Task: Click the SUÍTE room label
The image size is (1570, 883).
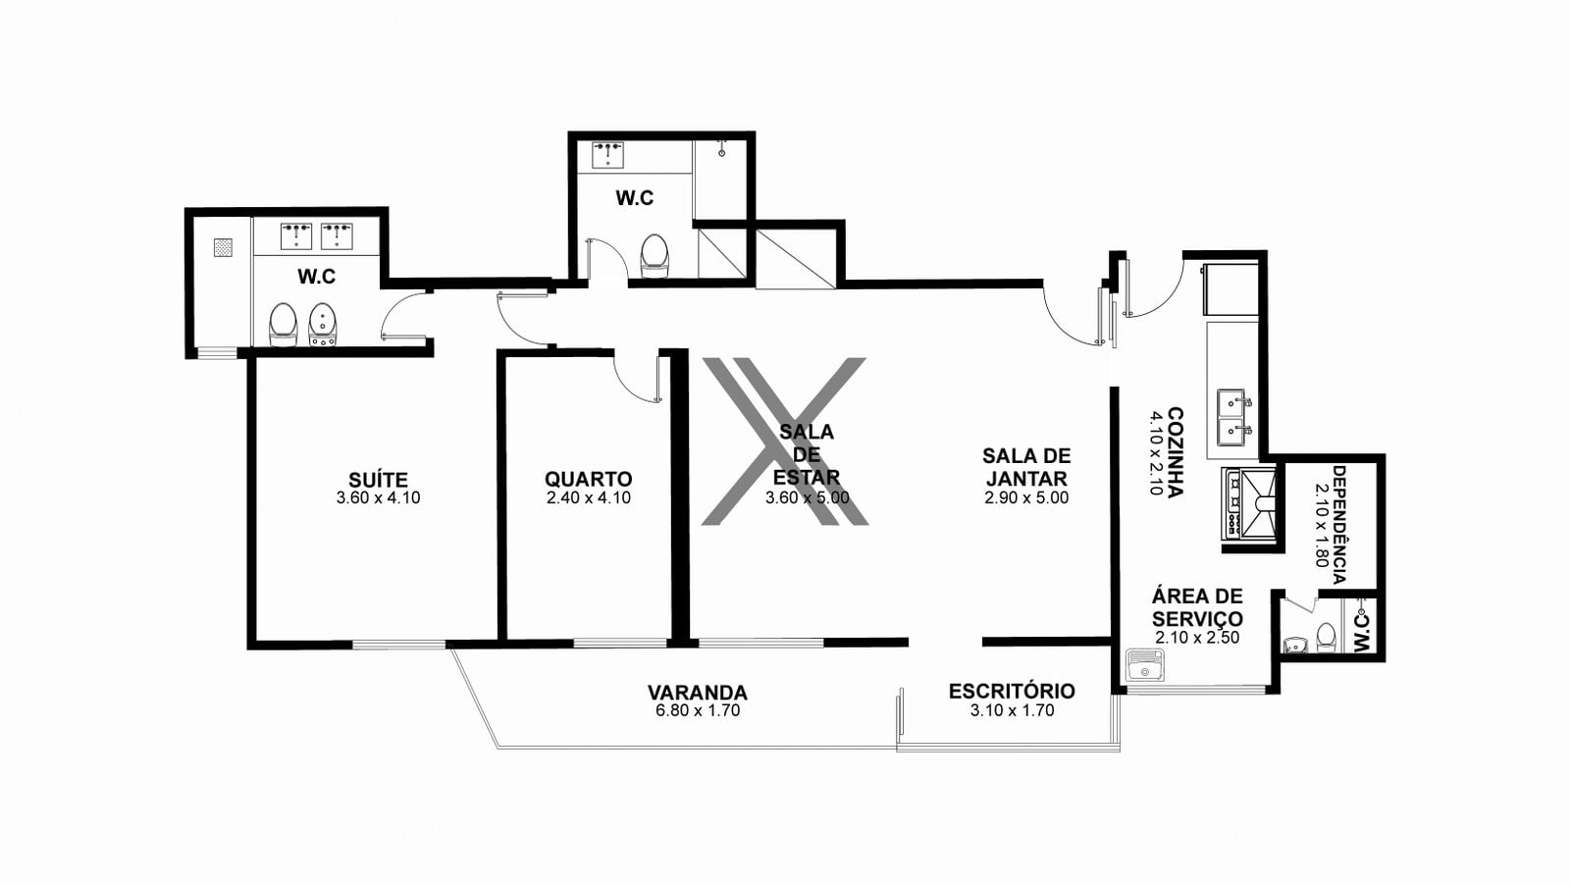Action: (378, 480)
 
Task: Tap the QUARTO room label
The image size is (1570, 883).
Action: (588, 480)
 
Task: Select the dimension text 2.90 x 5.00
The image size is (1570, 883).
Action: (1026, 498)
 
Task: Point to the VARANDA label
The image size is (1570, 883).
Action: (698, 693)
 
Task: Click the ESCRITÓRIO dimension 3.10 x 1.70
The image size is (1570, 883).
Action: (1012, 710)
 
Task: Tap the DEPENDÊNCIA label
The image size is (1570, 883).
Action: (1339, 524)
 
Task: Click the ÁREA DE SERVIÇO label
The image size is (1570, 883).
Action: (1197, 607)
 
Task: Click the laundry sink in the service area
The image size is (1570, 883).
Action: (1145, 665)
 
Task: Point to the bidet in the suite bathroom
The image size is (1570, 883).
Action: (323, 325)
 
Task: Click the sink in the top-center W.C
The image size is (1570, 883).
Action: (607, 155)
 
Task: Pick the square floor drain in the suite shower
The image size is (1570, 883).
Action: (224, 247)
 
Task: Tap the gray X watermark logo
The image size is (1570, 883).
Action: (785, 441)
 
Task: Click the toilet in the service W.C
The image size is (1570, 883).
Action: (1326, 637)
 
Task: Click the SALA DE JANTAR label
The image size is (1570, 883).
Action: (1026, 467)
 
